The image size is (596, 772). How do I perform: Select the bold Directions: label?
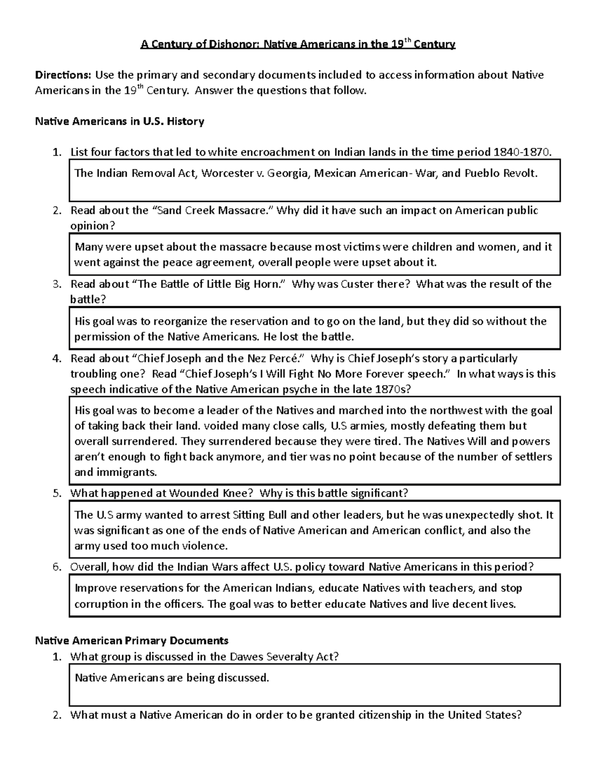(63, 75)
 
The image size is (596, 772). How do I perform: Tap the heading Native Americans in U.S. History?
(119, 121)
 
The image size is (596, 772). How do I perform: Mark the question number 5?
(57, 494)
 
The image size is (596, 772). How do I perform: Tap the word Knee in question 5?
(240, 493)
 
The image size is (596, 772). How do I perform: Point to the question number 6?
(57, 567)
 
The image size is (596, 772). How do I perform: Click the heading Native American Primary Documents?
(132, 640)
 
